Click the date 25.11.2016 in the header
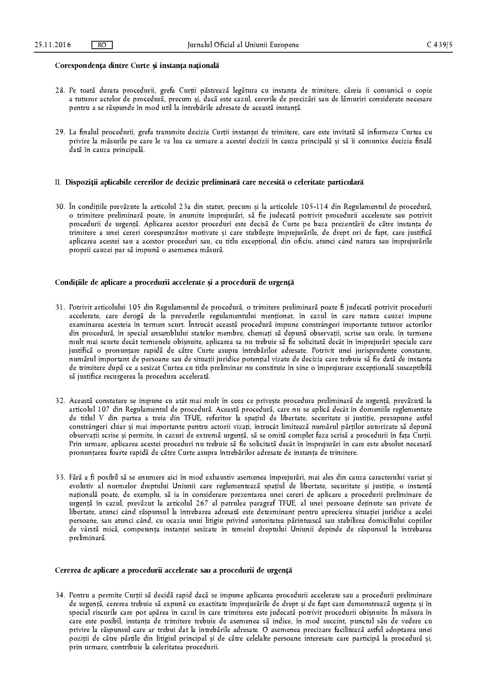pos(53,45)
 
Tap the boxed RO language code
pos(101,45)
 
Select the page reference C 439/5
pos(439,45)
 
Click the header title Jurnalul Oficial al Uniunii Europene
pos(243,45)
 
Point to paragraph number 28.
pos(60,90)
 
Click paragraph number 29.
pos(60,132)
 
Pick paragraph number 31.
pos(60,307)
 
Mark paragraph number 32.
pos(60,401)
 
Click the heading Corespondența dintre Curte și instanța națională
pos(137,66)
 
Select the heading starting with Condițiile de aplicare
pos(174,282)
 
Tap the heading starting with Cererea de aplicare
pos(173,570)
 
